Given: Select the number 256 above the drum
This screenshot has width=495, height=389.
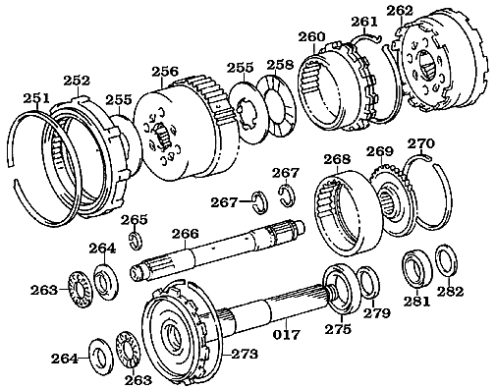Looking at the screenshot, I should [164, 71].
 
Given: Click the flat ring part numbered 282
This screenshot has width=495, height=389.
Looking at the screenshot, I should [445, 263].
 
